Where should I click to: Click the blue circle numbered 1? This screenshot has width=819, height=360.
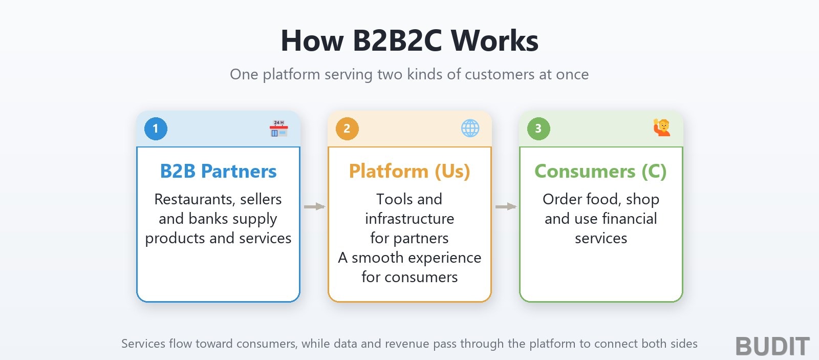tap(156, 129)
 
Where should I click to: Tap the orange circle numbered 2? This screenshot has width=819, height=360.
tap(347, 129)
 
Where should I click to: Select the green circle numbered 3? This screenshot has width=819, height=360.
tap(538, 129)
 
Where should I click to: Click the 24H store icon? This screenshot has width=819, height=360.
tap(279, 129)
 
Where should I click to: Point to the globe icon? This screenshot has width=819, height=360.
tap(470, 129)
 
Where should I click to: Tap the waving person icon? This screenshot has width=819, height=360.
tap(662, 128)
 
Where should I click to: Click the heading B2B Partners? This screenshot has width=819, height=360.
tap(218, 171)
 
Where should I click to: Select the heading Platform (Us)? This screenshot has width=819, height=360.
tap(409, 171)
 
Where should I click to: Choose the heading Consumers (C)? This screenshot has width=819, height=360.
tap(601, 171)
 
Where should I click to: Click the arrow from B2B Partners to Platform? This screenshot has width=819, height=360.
tap(314, 207)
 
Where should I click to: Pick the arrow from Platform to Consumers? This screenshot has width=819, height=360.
tap(506, 207)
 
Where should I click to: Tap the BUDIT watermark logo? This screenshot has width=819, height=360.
tap(772, 346)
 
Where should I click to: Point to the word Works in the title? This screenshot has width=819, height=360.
tap(494, 40)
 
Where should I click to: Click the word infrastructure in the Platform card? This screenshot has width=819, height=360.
tap(409, 219)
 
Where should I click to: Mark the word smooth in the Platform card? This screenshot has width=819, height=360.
tap(377, 258)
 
